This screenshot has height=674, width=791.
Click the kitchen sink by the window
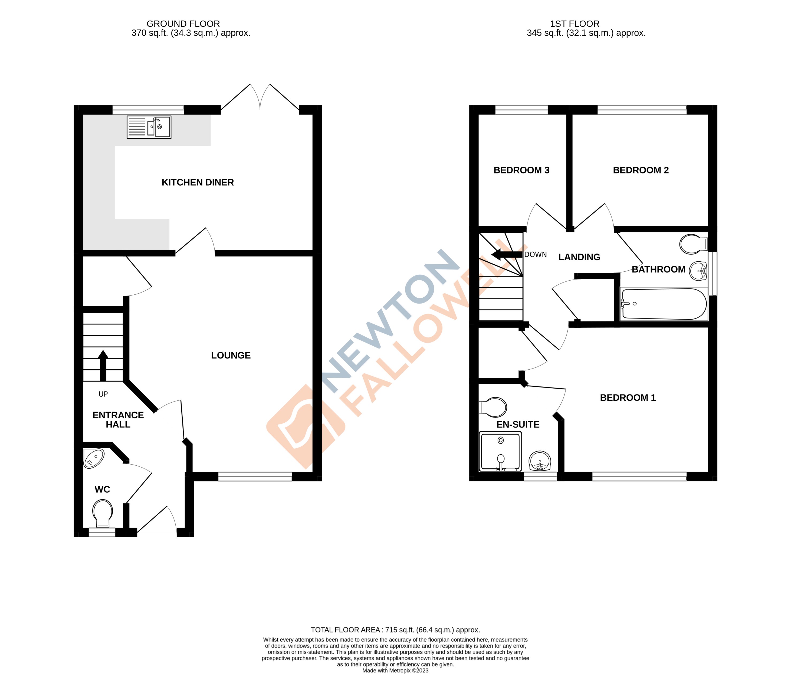(x=149, y=127)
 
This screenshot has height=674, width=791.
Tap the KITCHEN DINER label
(x=197, y=182)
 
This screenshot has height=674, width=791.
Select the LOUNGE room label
(x=231, y=355)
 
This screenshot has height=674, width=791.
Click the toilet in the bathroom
(x=693, y=244)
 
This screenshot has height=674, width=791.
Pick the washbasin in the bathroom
(x=698, y=271)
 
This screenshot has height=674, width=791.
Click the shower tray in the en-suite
(x=500, y=451)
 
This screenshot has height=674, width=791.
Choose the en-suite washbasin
(x=540, y=461)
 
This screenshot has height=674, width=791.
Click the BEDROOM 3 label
(x=521, y=170)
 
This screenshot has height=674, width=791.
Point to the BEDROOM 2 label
(x=641, y=170)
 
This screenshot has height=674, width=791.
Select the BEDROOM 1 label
(x=628, y=398)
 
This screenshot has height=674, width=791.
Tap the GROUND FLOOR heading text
(x=183, y=24)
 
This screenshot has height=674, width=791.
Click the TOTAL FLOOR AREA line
(x=395, y=630)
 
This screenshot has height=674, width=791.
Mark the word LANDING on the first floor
(x=579, y=257)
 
